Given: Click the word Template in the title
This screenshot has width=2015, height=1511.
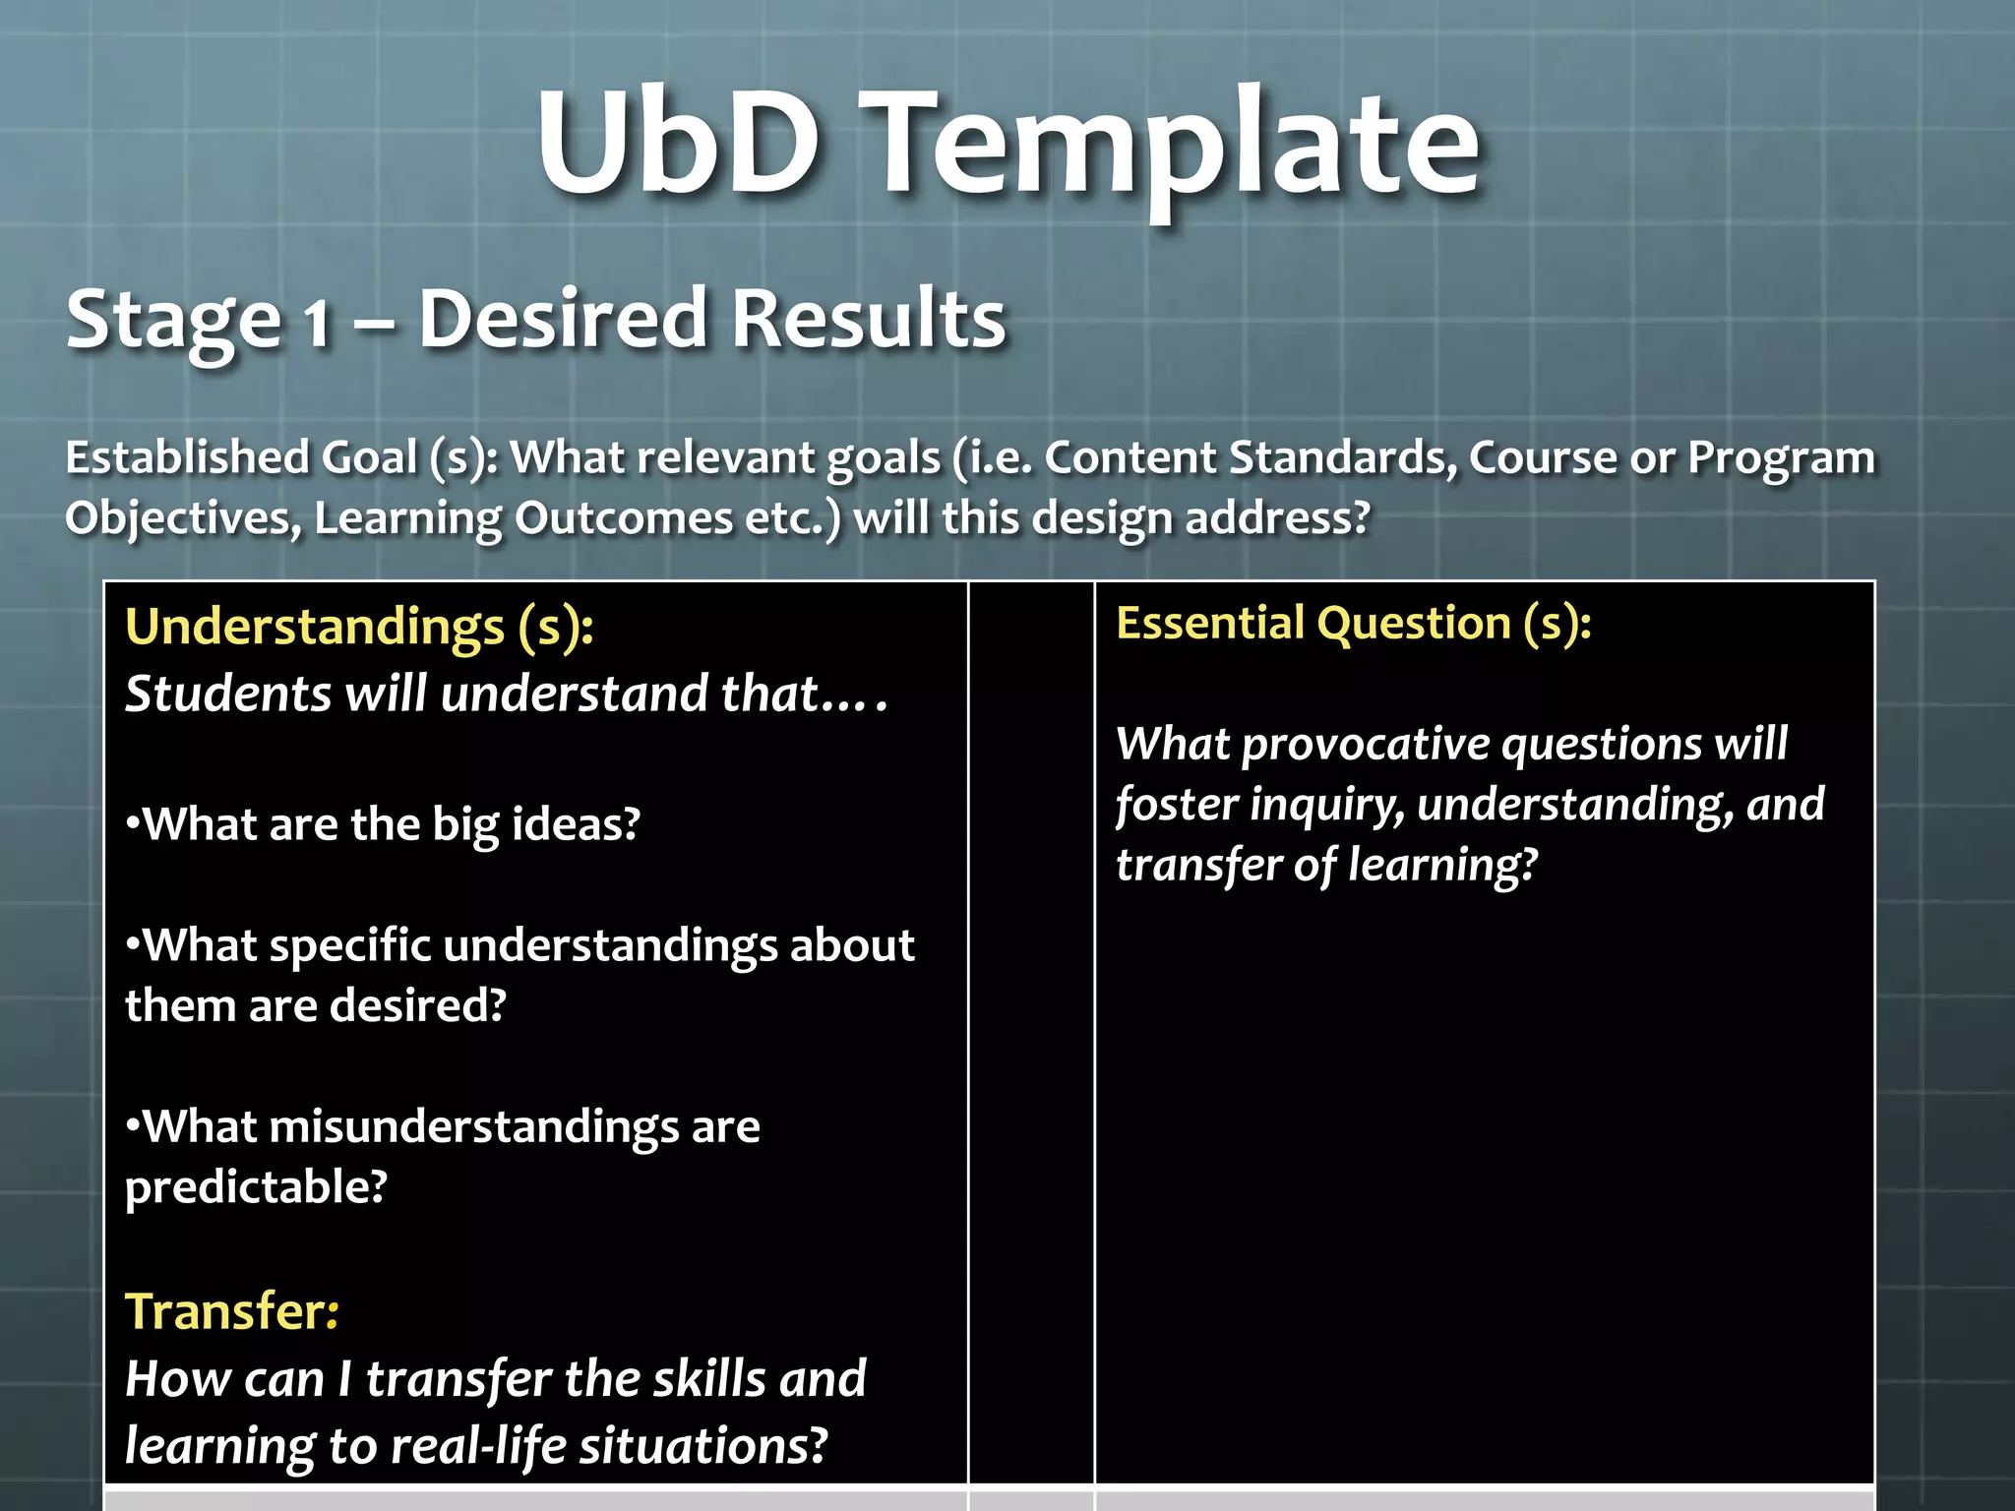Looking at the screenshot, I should [x=1176, y=148].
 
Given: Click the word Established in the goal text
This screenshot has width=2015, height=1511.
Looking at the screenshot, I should [x=187, y=457].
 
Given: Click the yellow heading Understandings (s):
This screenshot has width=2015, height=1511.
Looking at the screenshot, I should [x=359, y=628].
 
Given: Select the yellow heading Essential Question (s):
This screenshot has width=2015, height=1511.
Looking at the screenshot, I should [x=1353, y=624].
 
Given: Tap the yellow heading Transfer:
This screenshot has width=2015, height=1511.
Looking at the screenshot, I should [x=232, y=1311].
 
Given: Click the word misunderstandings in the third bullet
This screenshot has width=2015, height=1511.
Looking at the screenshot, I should [x=473, y=1127].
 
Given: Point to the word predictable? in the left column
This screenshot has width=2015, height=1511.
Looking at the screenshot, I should [x=256, y=1187].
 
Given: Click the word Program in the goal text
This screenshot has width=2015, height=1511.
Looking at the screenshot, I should [x=1781, y=457].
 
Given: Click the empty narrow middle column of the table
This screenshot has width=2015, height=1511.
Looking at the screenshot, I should [x=1031, y=1033].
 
